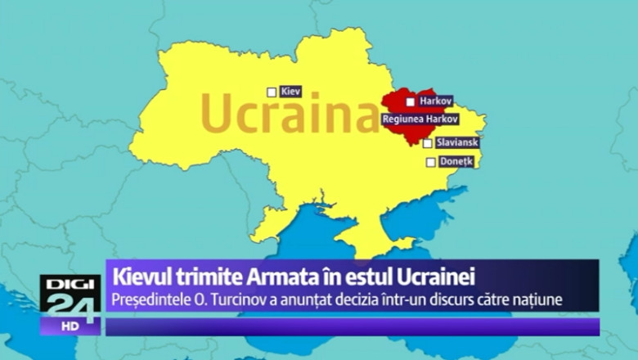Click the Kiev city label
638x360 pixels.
pos(291,92)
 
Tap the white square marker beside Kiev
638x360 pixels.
pos(272,92)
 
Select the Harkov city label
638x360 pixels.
pos(434,101)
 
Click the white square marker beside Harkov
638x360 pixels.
pos(411,102)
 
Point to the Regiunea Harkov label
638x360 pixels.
pos(420,119)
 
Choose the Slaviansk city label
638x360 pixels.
pos(456,142)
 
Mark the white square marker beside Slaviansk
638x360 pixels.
pos(428,143)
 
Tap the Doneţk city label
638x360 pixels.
pos(456,161)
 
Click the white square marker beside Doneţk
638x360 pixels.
pos(431,162)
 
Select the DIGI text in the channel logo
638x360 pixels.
pos(70,283)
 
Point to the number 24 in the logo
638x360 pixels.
pos(70,304)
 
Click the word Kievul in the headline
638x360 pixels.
pos(142,274)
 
